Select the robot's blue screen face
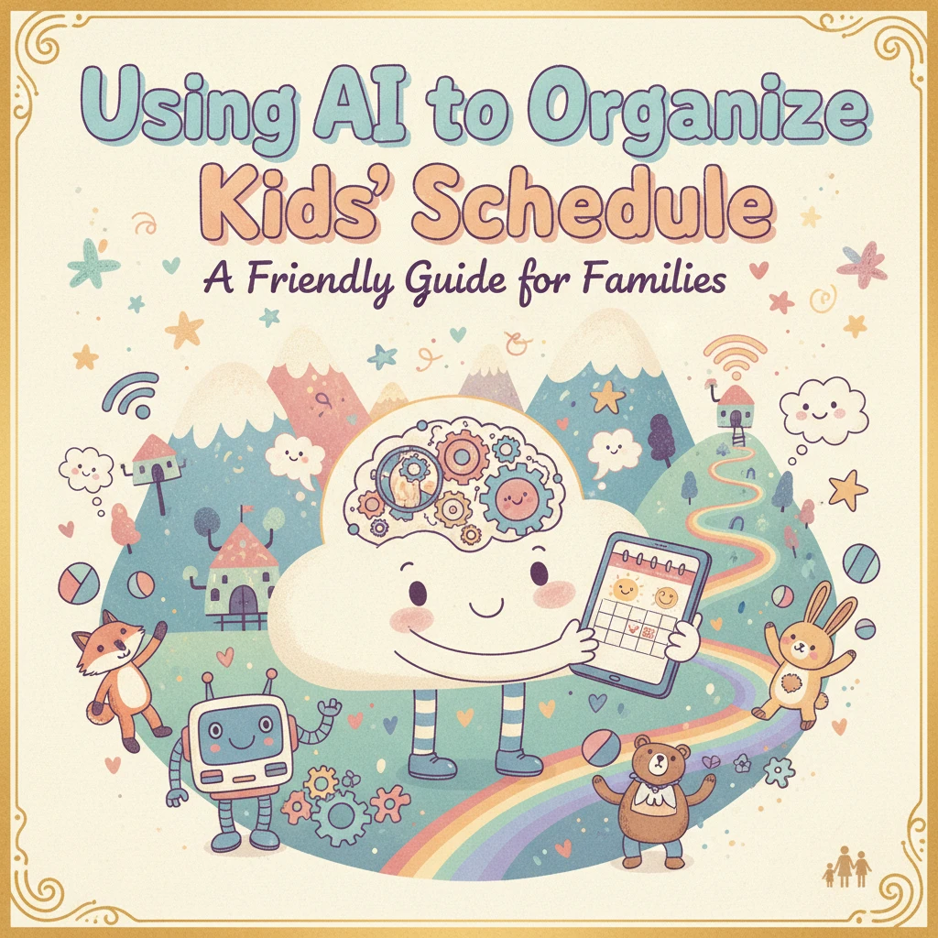[x=238, y=736]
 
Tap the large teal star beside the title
[x=93, y=263]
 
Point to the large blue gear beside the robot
[x=340, y=814]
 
